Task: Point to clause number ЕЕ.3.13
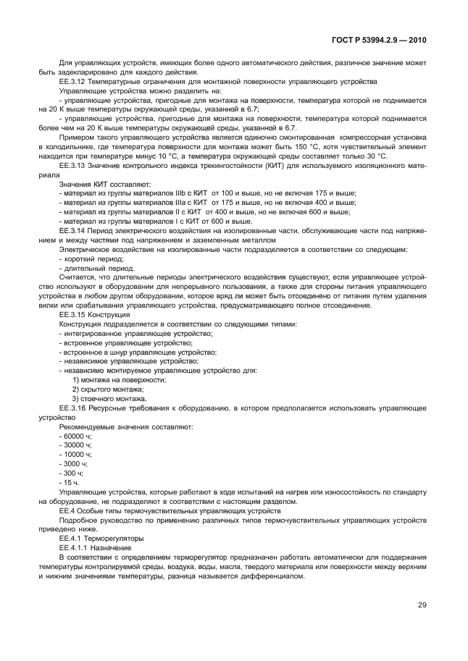coord(73,166)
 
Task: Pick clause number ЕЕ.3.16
coord(73,408)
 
